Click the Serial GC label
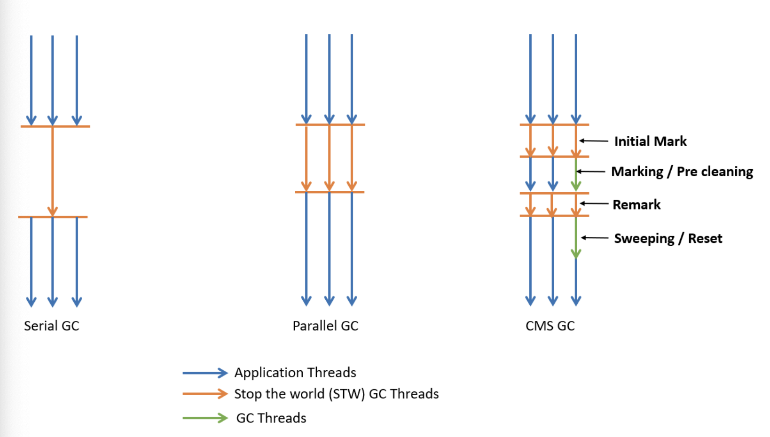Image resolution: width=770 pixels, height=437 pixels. (52, 326)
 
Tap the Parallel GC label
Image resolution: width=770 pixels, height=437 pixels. (325, 326)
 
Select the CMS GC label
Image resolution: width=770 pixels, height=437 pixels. (550, 326)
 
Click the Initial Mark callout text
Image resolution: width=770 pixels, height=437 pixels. (650, 141)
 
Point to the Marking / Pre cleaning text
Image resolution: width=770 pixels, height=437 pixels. (682, 172)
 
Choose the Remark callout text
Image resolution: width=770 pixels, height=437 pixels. (636, 204)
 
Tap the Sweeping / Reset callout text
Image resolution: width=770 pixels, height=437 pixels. (668, 238)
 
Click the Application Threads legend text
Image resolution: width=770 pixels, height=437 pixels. (295, 373)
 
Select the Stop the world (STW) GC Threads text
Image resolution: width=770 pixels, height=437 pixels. (337, 394)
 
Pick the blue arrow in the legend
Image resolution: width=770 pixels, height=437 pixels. (205, 373)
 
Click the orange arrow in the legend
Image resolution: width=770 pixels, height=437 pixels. (205, 394)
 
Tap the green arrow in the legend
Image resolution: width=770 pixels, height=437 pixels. (205, 418)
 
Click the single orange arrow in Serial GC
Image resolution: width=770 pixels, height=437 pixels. (53, 172)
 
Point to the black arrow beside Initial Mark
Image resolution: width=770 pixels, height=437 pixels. (594, 140)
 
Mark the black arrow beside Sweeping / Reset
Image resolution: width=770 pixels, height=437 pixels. (595, 238)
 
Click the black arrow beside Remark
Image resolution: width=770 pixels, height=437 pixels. (594, 203)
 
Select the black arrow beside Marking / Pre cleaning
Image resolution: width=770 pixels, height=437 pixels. (591, 172)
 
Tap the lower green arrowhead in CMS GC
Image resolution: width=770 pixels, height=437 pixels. (576, 253)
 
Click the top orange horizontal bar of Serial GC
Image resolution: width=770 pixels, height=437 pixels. (55, 126)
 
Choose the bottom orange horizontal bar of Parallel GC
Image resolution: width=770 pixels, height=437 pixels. (330, 192)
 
